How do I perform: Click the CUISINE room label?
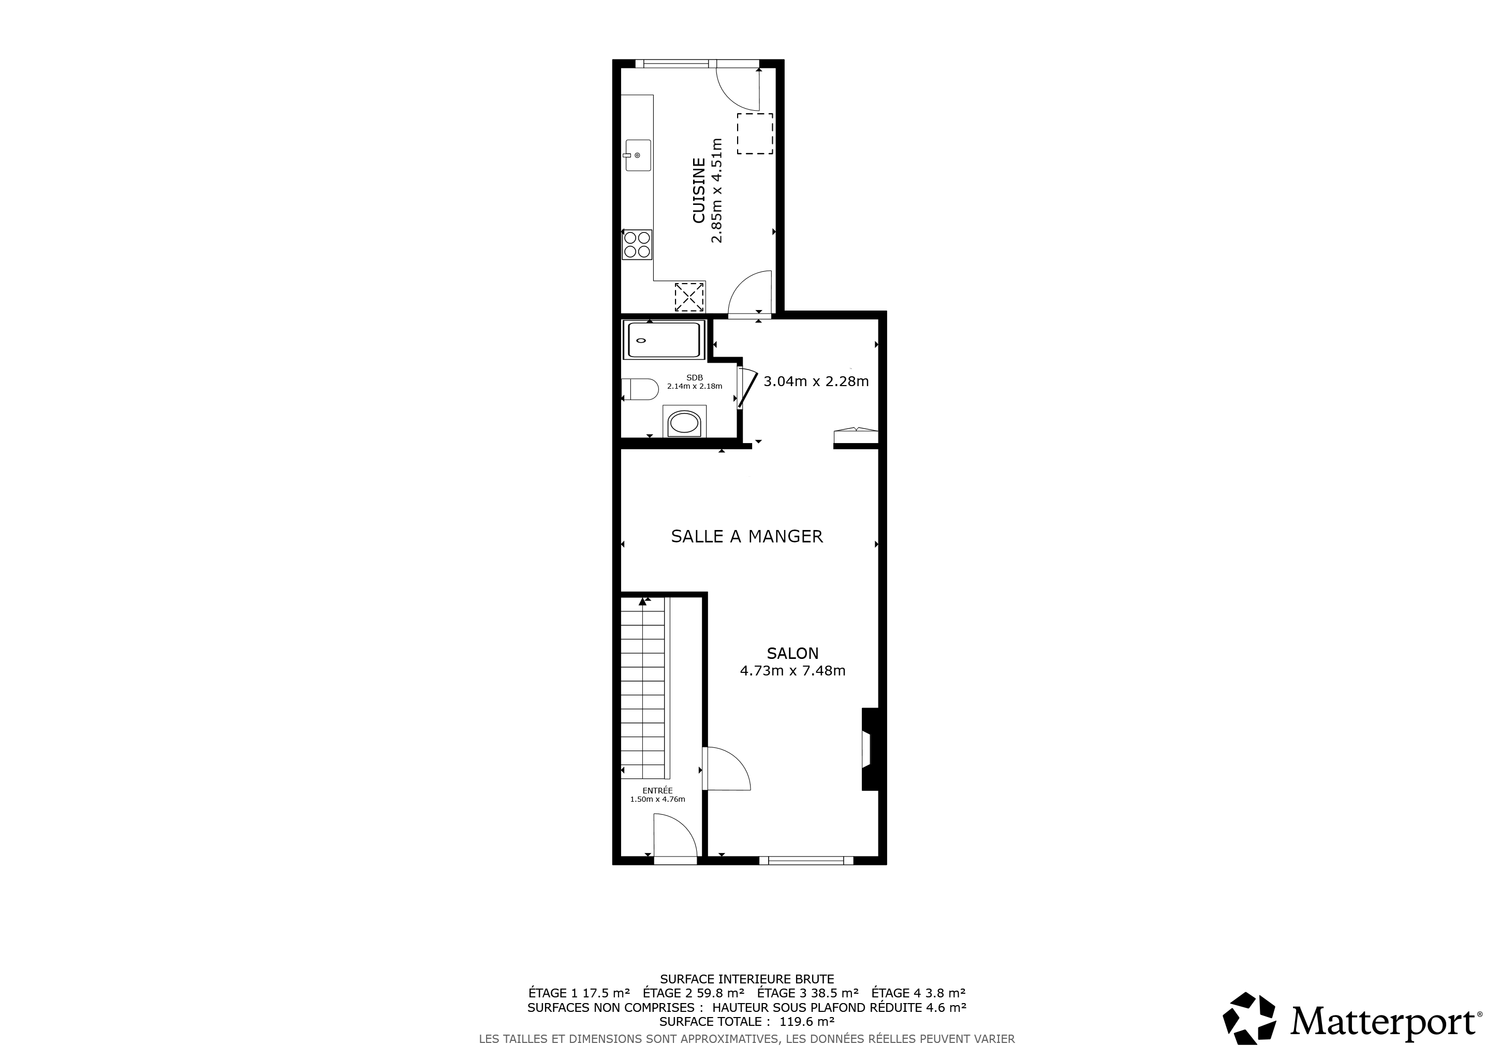click(x=699, y=190)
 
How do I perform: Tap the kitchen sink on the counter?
click(x=638, y=155)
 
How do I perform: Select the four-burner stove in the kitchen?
click(x=637, y=245)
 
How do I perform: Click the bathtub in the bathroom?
click(x=664, y=340)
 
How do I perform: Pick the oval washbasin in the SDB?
click(x=684, y=422)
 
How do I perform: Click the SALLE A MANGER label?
click(x=747, y=537)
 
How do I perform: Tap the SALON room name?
click(x=792, y=653)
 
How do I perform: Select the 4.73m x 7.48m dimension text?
click(x=792, y=670)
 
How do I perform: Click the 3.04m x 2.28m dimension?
click(x=816, y=381)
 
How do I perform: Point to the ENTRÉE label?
click(x=657, y=790)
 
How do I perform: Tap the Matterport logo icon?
click(x=1250, y=1018)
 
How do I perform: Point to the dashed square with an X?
click(x=689, y=297)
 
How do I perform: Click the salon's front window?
click(x=806, y=860)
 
